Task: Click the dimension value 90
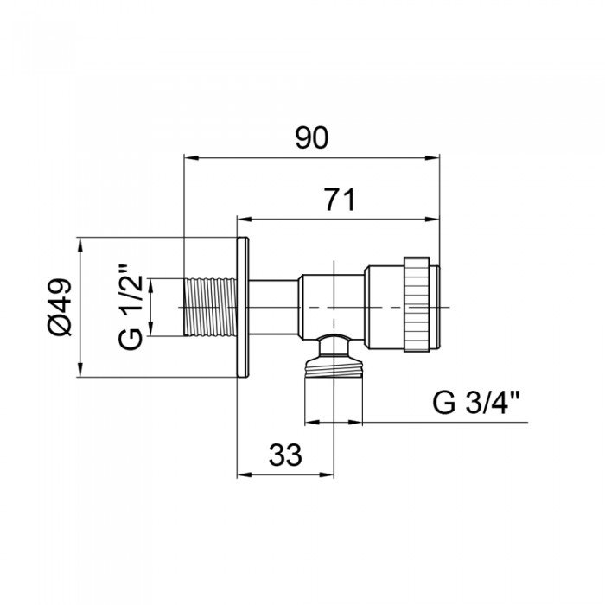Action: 312,138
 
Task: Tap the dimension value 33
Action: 285,455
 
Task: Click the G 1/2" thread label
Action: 131,308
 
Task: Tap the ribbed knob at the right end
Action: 419,307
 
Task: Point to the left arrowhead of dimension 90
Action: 190,158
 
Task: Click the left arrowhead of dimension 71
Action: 244,218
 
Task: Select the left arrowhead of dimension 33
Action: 244,474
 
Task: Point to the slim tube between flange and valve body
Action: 274,307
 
